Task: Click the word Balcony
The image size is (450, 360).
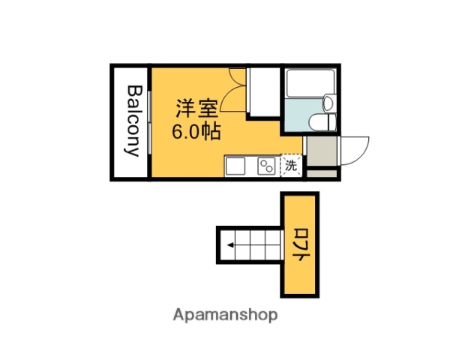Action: (x=133, y=121)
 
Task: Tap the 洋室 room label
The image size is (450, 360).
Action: (x=197, y=107)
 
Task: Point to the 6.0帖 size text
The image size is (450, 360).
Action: (x=196, y=132)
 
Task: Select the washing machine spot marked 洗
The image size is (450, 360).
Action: (x=290, y=165)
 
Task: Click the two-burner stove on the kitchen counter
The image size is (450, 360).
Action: (x=266, y=166)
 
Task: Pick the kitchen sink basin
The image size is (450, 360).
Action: (x=235, y=165)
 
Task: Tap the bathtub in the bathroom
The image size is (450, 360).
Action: (x=310, y=82)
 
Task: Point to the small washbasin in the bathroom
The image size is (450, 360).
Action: (x=328, y=103)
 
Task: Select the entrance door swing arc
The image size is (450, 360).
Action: (x=356, y=150)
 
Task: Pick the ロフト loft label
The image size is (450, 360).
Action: (x=299, y=244)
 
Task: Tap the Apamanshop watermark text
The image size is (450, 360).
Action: (x=225, y=315)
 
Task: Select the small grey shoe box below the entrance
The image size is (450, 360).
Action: (x=321, y=173)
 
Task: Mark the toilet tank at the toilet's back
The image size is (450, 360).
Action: (x=330, y=122)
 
